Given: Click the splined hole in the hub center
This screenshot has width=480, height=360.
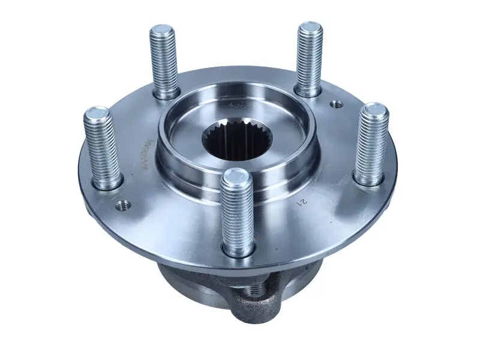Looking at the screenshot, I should pyautogui.click(x=237, y=144).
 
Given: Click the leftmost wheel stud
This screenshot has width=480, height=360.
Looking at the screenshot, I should pyautogui.click(x=104, y=147).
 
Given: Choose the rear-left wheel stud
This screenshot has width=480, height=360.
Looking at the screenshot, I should pyautogui.click(x=164, y=60).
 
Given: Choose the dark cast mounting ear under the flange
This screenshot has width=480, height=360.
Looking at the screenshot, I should pyautogui.click(x=255, y=297).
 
